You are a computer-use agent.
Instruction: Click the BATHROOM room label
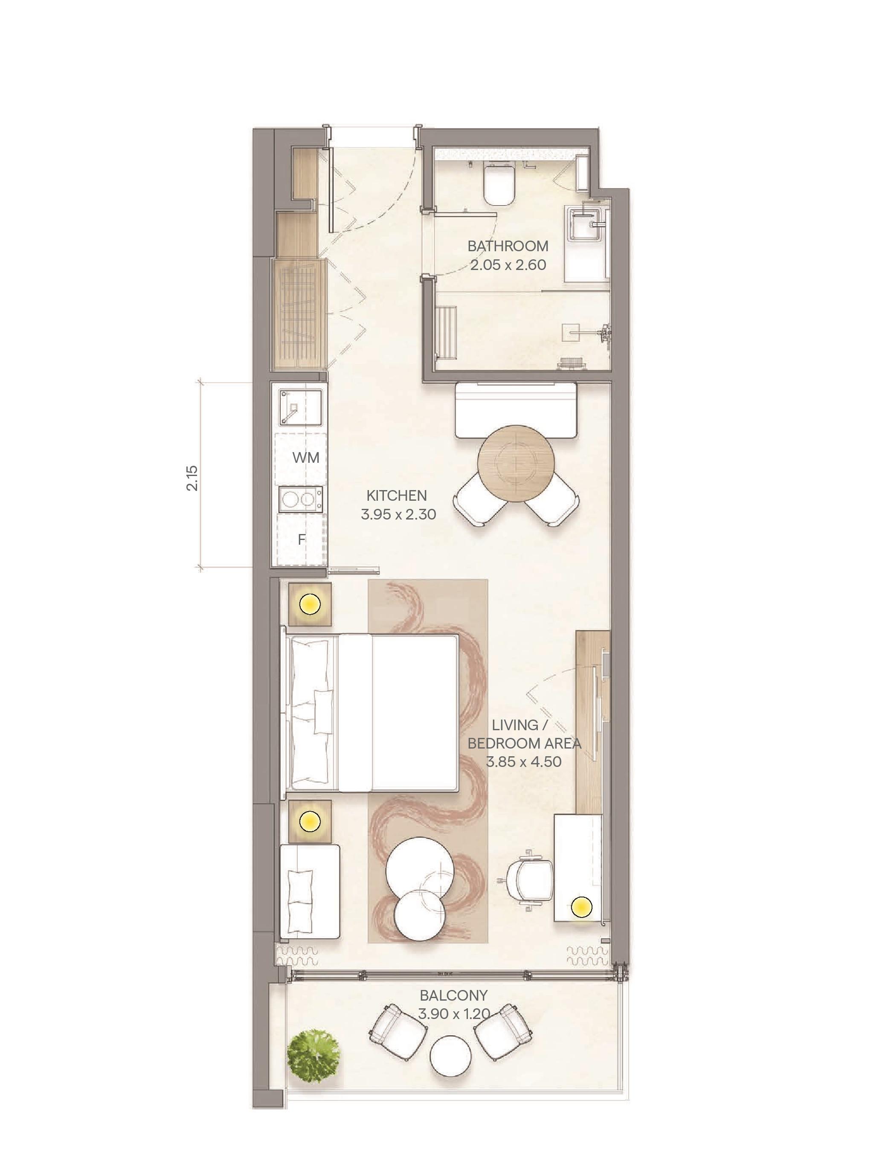point(508,246)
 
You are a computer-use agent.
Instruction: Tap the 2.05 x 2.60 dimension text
point(508,264)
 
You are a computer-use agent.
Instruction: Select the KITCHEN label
point(397,496)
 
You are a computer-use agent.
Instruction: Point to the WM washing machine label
point(306,458)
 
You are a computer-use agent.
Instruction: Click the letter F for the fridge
point(301,540)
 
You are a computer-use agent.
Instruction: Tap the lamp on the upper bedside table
point(310,604)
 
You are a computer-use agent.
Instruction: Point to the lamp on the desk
point(582,907)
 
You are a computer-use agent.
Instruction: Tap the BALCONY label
point(453,996)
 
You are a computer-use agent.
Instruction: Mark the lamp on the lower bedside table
point(310,821)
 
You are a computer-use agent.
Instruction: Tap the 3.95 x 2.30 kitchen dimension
point(398,514)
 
